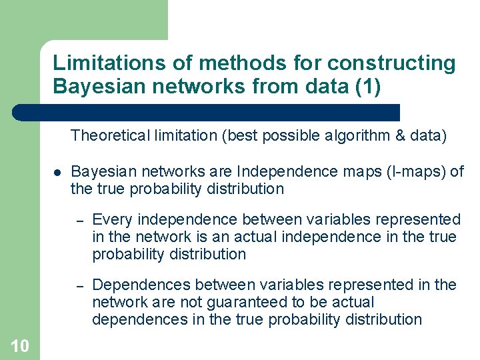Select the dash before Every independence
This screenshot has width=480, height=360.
(x=78, y=220)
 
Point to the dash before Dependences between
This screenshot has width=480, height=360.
(x=78, y=285)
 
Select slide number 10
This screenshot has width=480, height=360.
(x=20, y=345)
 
